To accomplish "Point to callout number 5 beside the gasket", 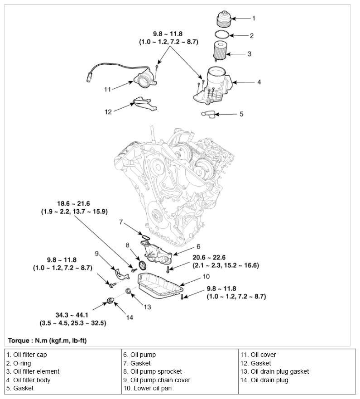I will pyautogui.click(x=241, y=114).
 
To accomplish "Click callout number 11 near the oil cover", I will pyautogui.click(x=107, y=89).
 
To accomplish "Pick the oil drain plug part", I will pyautogui.click(x=110, y=301).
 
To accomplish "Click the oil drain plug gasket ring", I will pyautogui.click(x=128, y=291).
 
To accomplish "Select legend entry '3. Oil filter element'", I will pyautogui.click(x=33, y=371).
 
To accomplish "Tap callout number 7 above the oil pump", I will pyautogui.click(x=121, y=222).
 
